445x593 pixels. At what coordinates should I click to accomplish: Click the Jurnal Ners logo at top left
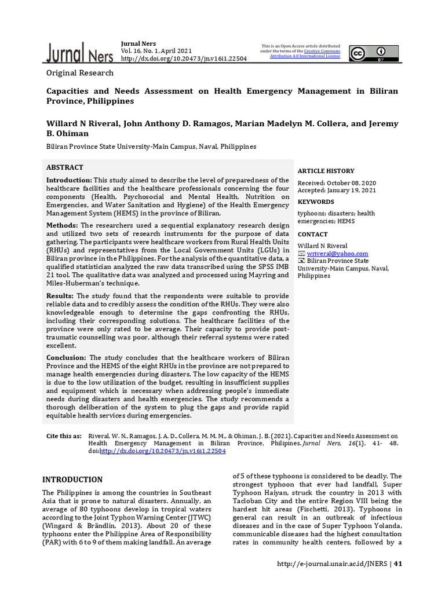[80, 53]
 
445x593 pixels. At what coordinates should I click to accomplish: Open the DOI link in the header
[184, 58]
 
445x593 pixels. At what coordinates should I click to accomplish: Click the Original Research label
[80, 73]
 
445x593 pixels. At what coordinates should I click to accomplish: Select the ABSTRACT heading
[65, 167]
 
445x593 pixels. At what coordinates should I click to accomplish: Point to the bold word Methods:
[62, 225]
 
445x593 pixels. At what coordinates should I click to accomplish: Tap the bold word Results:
[60, 296]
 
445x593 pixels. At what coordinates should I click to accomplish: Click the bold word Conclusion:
[67, 358]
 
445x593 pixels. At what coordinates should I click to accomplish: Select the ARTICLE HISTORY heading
[326, 171]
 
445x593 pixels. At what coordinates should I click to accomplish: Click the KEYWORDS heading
[316, 202]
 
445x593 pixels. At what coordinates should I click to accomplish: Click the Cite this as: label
[64, 435]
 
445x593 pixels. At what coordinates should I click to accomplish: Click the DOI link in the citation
[162, 451]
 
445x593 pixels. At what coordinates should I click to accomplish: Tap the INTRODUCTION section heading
[72, 479]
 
